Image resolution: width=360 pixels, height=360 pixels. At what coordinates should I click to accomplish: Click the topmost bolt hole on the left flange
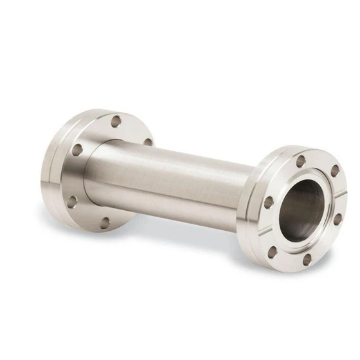[116, 121]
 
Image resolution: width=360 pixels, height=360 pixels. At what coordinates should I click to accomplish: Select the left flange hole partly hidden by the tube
[148, 142]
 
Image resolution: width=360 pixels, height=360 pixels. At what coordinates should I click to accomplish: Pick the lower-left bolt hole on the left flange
[72, 201]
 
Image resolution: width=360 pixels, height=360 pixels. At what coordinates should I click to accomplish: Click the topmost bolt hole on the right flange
[300, 161]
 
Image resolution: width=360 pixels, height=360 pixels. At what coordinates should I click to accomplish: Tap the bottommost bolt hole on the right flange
[307, 259]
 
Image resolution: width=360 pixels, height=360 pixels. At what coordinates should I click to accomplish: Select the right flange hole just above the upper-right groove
[334, 171]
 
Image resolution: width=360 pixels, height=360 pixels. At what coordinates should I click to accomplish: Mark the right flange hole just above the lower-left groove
[269, 202]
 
